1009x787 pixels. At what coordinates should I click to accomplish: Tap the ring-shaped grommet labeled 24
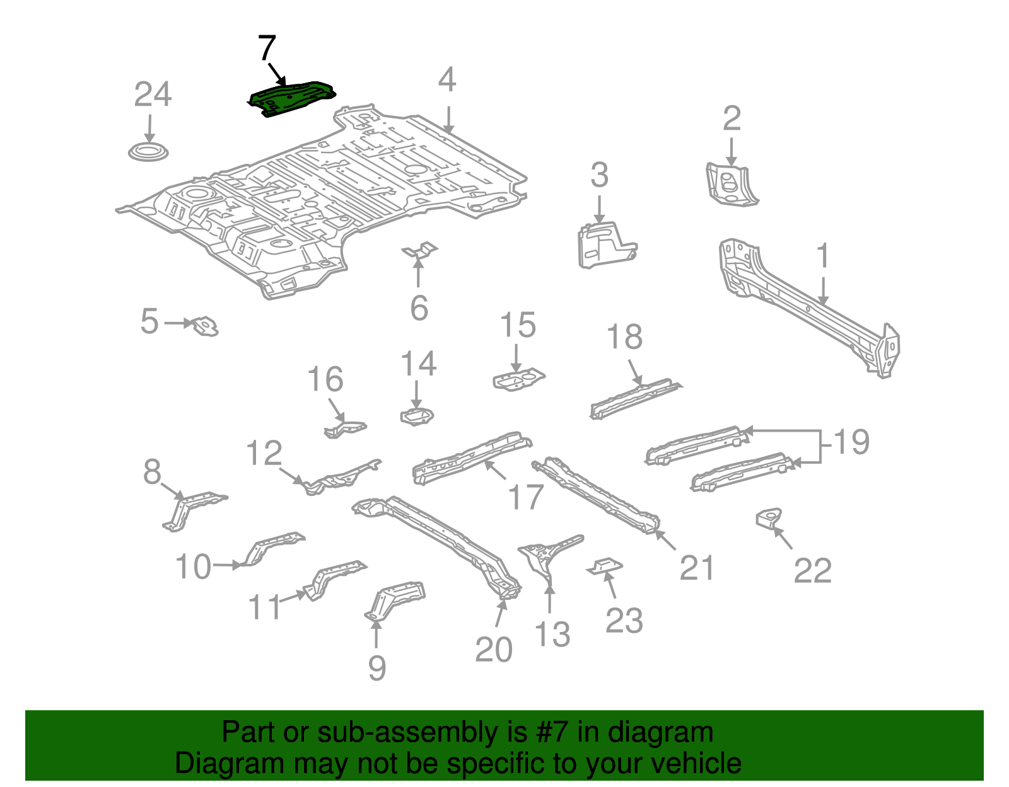click(x=149, y=152)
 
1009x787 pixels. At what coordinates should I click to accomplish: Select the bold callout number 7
click(x=267, y=48)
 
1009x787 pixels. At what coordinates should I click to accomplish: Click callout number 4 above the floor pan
click(x=446, y=81)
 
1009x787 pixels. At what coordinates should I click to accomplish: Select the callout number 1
click(x=822, y=256)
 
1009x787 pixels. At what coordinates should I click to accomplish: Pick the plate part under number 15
click(x=518, y=380)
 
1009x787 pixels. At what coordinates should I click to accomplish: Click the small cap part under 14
click(x=416, y=416)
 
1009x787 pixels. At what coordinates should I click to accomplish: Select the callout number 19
click(x=851, y=442)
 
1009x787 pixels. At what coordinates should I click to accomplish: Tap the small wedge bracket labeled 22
click(x=769, y=518)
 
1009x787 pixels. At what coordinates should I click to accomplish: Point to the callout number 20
click(x=493, y=650)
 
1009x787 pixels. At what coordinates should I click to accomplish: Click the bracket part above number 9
click(x=396, y=599)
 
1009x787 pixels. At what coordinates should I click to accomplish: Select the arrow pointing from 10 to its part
click(x=227, y=565)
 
